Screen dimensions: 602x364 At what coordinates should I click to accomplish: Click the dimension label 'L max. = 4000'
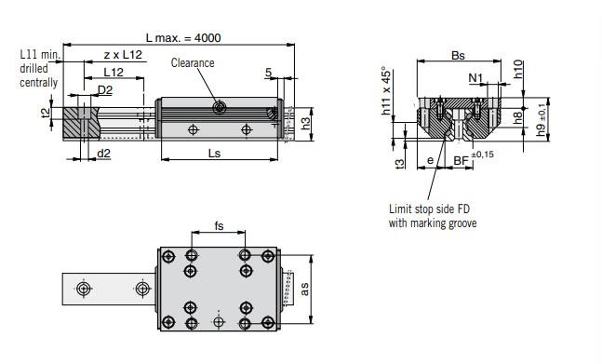[183, 38]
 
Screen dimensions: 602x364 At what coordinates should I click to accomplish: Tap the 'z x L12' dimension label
[123, 55]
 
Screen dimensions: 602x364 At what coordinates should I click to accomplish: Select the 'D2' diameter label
[105, 90]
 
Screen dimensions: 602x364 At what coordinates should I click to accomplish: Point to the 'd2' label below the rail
[103, 154]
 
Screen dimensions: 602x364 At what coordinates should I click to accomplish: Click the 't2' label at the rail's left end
[46, 113]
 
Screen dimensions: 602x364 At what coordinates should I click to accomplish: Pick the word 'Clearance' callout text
[193, 63]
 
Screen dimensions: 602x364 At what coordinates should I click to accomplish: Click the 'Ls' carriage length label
[214, 154]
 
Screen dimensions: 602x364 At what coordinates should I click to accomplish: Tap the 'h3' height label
[305, 124]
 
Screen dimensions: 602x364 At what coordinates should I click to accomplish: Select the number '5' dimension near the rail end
[268, 72]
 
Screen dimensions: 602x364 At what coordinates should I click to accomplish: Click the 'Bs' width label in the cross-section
[458, 56]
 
